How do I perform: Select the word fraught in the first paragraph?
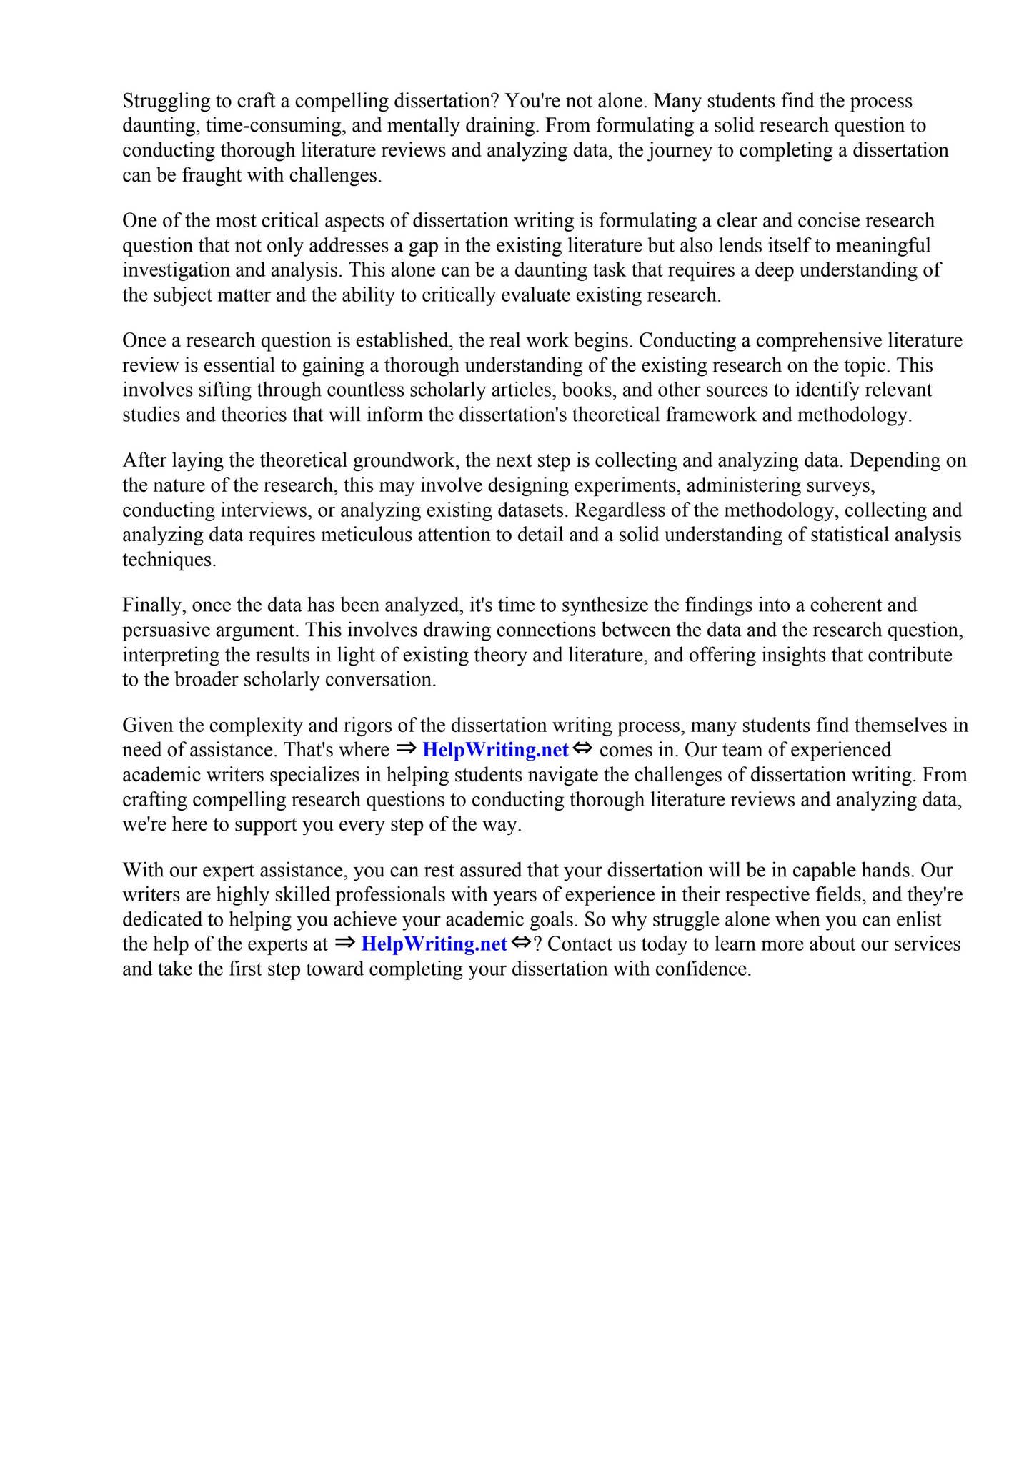[212, 175]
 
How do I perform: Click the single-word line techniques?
[169, 560]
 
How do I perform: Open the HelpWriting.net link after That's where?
[495, 750]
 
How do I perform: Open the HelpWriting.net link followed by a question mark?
[434, 944]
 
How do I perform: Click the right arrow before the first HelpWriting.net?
[406, 749]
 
